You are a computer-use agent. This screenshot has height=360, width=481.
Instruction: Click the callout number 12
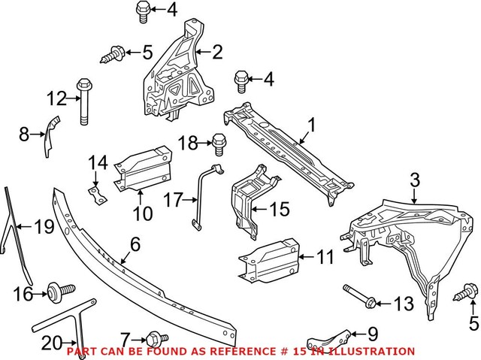pos(56,98)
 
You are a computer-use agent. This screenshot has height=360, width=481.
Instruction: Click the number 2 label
pos(217,53)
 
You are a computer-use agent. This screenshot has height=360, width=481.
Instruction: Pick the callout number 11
pos(324,258)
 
